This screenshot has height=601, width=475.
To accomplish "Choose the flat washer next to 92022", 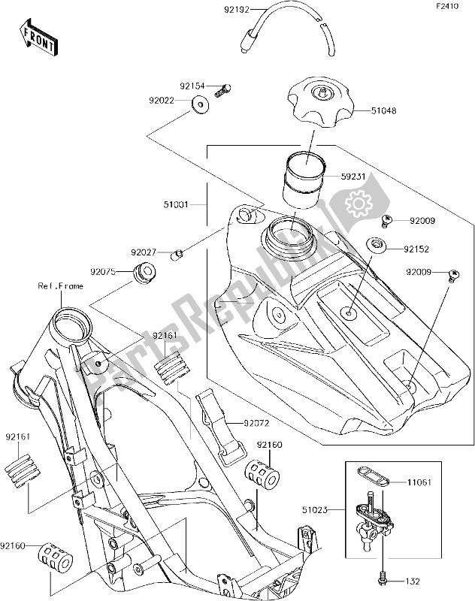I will coord(199,104).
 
